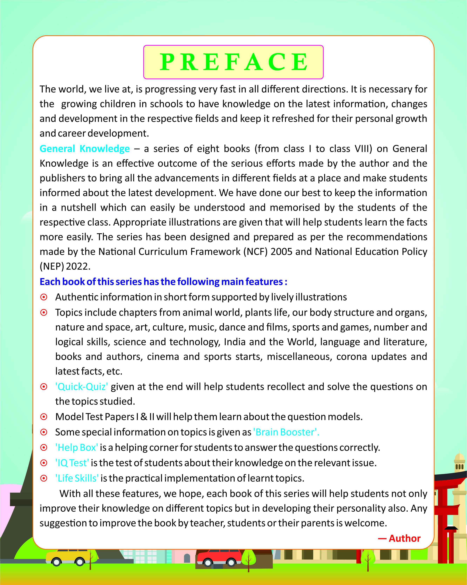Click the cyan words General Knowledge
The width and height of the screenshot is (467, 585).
point(85,149)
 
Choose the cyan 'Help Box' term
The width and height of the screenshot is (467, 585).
point(77,448)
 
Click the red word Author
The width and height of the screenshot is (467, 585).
point(404,539)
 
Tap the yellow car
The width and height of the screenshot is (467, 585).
point(68,557)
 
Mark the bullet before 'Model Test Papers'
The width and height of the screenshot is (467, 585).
point(44,417)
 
